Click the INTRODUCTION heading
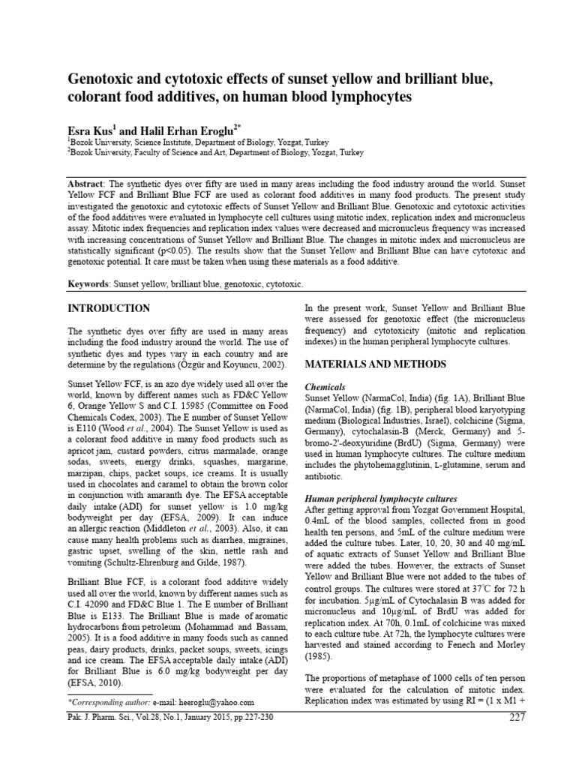(x=109, y=308)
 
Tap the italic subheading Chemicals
(x=325, y=387)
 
